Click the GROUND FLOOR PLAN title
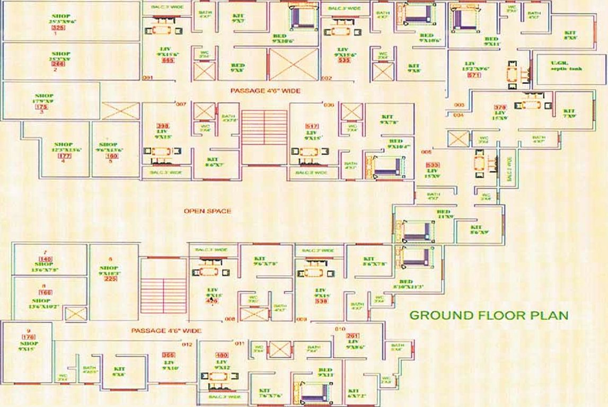pos(489,315)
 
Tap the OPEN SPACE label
pos(207,211)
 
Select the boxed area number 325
pos(58,28)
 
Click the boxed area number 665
pos(168,60)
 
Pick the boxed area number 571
pos(473,76)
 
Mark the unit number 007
pos(181,104)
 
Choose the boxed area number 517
pos(312,126)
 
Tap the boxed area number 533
pos(433,164)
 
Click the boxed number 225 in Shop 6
pos(110,279)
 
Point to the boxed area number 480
pos(221,355)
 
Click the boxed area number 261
pos(353,336)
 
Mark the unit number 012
pos(187,344)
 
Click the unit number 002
pos(327,78)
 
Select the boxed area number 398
pos(163,126)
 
